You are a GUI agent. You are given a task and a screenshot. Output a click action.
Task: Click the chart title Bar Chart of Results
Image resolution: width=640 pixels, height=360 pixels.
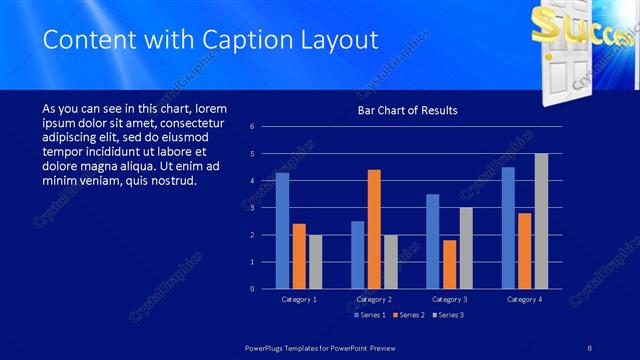click(x=407, y=110)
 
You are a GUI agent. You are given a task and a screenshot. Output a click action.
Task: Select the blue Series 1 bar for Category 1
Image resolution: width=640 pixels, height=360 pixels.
click(x=282, y=230)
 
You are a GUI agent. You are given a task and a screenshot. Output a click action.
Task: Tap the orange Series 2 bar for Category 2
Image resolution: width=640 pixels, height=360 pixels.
click(x=374, y=229)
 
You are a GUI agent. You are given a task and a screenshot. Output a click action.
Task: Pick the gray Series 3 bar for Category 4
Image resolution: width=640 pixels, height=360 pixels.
click(x=541, y=221)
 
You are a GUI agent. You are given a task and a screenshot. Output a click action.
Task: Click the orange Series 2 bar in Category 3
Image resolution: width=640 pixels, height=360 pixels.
click(x=449, y=264)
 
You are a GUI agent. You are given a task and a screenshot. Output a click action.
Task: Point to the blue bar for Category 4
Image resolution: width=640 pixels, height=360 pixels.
click(x=508, y=227)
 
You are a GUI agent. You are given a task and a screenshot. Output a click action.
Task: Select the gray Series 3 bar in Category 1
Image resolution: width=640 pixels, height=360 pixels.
click(x=315, y=261)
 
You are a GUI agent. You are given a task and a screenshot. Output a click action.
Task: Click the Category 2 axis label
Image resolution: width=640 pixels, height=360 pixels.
click(x=374, y=299)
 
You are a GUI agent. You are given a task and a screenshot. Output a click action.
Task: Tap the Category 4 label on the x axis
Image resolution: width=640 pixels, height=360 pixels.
click(x=524, y=299)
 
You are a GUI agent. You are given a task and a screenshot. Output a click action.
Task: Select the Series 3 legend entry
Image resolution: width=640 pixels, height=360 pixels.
click(x=447, y=315)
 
